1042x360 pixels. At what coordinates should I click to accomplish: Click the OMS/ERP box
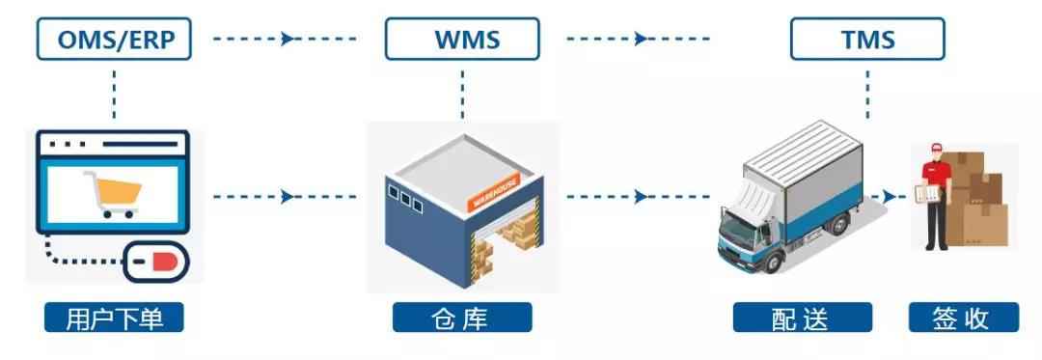(113, 41)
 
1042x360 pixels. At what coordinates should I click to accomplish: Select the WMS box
(462, 41)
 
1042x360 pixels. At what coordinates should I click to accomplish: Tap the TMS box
(867, 41)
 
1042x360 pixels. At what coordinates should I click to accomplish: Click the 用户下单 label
(113, 318)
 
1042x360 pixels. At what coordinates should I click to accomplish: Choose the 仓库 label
(462, 318)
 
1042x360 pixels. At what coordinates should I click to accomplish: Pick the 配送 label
(802, 318)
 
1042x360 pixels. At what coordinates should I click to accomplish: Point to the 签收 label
(963, 318)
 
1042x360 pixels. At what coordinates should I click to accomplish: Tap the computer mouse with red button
(156, 259)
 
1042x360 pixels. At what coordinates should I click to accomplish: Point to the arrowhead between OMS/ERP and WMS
(288, 40)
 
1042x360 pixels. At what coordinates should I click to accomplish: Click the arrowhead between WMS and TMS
(642, 40)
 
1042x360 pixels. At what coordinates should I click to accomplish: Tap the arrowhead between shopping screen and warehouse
(288, 197)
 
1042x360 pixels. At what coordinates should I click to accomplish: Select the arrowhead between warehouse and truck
(642, 197)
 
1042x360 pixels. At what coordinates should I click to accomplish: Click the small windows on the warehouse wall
(405, 202)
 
